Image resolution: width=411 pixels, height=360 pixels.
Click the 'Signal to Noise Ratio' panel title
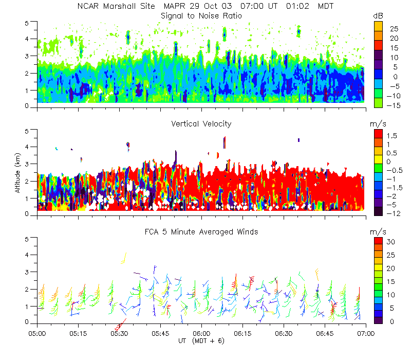(201, 16)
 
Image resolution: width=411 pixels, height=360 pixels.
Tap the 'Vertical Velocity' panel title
(201, 124)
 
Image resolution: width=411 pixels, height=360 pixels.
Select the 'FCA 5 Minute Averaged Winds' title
(201, 232)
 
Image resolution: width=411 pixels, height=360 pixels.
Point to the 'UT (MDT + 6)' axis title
(201, 341)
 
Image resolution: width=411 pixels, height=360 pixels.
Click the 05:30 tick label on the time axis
(119, 333)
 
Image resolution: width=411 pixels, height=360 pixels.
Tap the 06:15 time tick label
(242, 333)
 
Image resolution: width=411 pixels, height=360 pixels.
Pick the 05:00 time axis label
(37, 333)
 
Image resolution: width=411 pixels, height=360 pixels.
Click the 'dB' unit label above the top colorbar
(378, 16)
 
